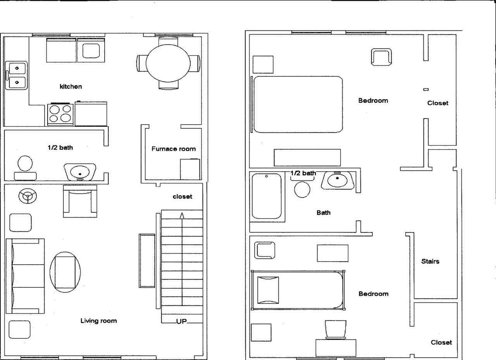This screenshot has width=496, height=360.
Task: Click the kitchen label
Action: pyautogui.click(x=71, y=86)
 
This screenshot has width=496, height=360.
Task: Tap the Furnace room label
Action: pyautogui.click(x=173, y=149)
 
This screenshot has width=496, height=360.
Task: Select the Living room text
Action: pyautogui.click(x=98, y=320)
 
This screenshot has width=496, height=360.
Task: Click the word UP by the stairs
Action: pyautogui.click(x=182, y=321)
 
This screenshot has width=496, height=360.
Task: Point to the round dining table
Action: pyautogui.click(x=168, y=62)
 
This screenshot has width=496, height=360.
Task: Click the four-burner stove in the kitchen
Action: pyautogui.click(x=60, y=114)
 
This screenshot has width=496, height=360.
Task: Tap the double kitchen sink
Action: pyautogui.click(x=17, y=75)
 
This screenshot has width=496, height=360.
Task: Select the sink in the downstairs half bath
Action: pyautogui.click(x=80, y=172)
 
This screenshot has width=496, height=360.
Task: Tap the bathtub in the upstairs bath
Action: pyautogui.click(x=267, y=196)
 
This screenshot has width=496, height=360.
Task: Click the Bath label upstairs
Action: pyautogui.click(x=324, y=213)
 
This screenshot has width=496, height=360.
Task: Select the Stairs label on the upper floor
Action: pyautogui.click(x=430, y=262)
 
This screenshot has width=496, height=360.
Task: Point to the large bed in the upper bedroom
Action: pyautogui.click(x=298, y=104)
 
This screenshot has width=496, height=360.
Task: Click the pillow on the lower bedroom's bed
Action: pyautogui.click(x=268, y=290)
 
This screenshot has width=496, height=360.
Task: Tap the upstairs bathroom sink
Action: pyautogui.click(x=338, y=180)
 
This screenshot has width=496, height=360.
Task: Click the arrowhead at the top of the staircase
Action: pyautogui.click(x=182, y=215)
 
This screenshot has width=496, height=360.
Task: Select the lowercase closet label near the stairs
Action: pyautogui.click(x=182, y=196)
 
